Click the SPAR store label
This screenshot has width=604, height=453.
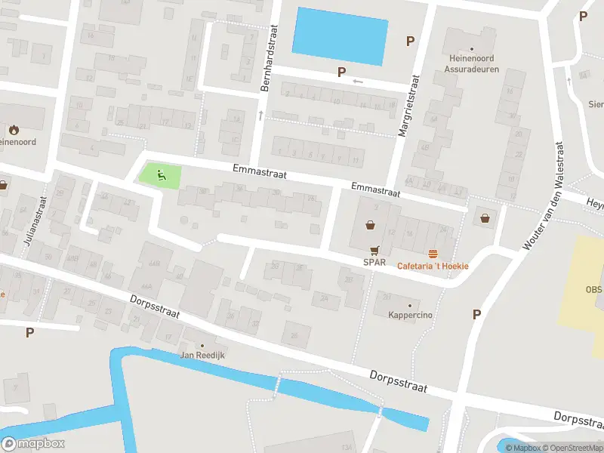374,263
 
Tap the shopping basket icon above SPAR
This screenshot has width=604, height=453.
371,224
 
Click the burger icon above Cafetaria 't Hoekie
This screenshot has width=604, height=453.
433,254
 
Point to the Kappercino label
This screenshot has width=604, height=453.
410,315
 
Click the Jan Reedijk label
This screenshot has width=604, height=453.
202,355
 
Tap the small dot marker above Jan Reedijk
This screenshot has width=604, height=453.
202,345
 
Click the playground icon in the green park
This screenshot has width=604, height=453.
160,176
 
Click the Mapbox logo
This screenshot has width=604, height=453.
33,444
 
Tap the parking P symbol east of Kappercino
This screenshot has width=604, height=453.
476,314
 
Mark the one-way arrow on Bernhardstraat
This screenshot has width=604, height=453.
260,116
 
